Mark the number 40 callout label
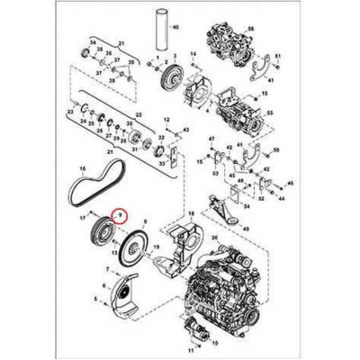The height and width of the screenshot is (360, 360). coord(175,28)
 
